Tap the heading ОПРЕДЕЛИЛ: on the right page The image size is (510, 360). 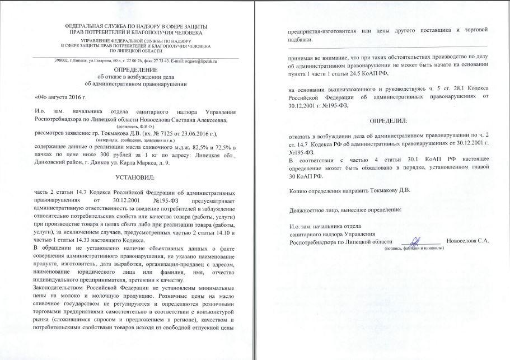pyautogui.click(x=387, y=120)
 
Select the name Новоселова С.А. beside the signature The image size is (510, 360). pyautogui.click(x=467, y=242)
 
